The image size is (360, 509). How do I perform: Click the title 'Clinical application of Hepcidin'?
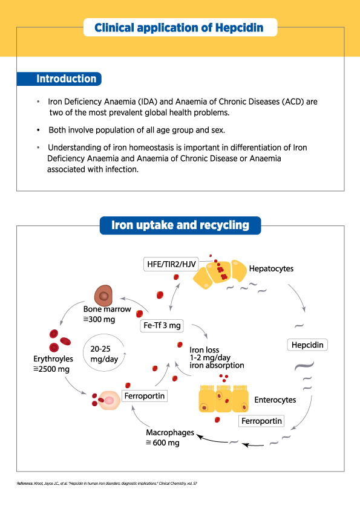pyautogui.click(x=179, y=28)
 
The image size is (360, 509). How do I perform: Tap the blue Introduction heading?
pyautogui.click(x=59, y=79)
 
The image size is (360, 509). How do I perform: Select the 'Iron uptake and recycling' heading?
pyautogui.click(x=180, y=225)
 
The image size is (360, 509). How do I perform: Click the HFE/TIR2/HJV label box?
pyautogui.click(x=171, y=264)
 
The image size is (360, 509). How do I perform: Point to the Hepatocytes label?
pyautogui.click(x=271, y=269)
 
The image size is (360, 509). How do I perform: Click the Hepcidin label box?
pyautogui.click(x=307, y=345)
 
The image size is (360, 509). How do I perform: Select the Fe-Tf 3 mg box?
pyautogui.click(x=162, y=326)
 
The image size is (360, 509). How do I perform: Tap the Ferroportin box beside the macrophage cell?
pyautogui.click(x=145, y=396)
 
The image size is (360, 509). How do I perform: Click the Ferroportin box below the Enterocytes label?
pyautogui.click(x=261, y=421)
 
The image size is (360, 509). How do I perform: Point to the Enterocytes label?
pyautogui.click(x=275, y=400)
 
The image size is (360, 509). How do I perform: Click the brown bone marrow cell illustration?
pyautogui.click(x=103, y=296)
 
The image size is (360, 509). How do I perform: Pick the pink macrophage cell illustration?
pyautogui.click(x=109, y=400)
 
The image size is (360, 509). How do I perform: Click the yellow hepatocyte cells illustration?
pyautogui.click(x=220, y=274)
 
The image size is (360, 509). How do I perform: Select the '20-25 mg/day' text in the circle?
pyautogui.click(x=104, y=354)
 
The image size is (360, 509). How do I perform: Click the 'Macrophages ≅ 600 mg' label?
pyautogui.click(x=170, y=438)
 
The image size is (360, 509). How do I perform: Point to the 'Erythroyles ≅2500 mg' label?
pyautogui.click(x=53, y=364)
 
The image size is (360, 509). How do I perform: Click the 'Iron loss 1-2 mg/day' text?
pyautogui.click(x=210, y=354)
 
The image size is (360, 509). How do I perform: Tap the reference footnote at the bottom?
pyautogui.click(x=107, y=484)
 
